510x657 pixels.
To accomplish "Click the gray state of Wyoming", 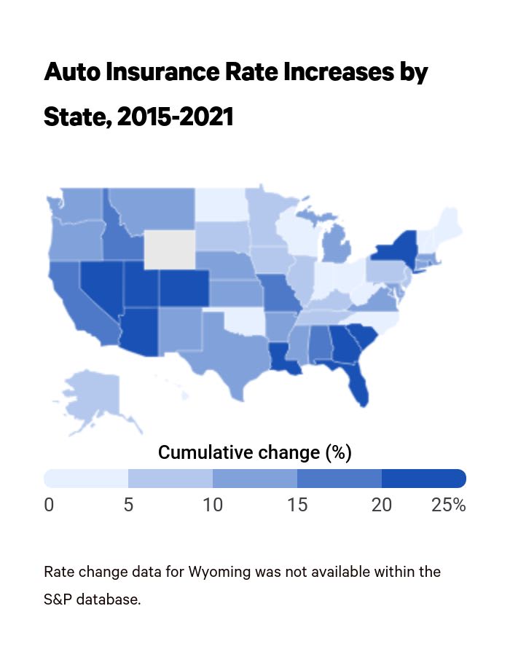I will click(x=170, y=250).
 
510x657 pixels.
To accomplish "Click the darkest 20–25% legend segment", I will click(x=423, y=479).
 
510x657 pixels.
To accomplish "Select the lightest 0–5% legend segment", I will click(x=86, y=479).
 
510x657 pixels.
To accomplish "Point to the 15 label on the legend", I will click(x=297, y=505).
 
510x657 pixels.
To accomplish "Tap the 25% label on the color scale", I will click(x=448, y=505).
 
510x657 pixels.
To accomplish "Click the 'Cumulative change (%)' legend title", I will click(x=255, y=452).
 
